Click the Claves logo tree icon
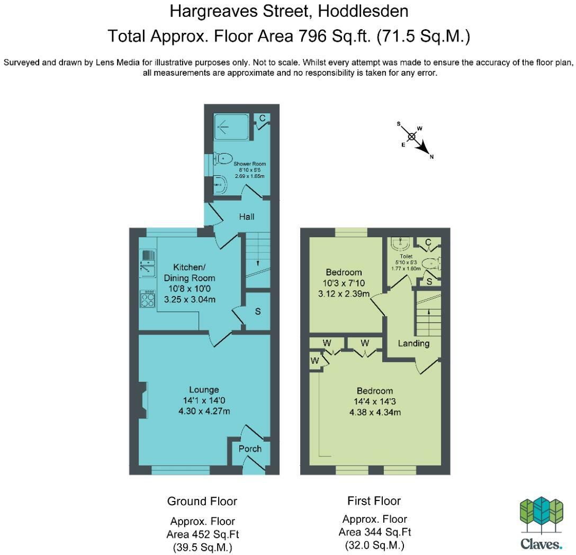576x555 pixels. [x=539, y=515]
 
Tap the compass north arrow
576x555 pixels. [x=423, y=147]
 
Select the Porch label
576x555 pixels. [x=250, y=449]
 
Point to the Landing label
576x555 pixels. [x=413, y=343]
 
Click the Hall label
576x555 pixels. [x=246, y=217]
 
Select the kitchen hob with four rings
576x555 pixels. [x=147, y=300]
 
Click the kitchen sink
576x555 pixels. [x=147, y=263]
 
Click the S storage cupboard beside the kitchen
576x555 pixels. [x=258, y=311]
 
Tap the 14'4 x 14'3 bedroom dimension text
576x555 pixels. [x=375, y=402]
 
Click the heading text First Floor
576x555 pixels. [x=374, y=501]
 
